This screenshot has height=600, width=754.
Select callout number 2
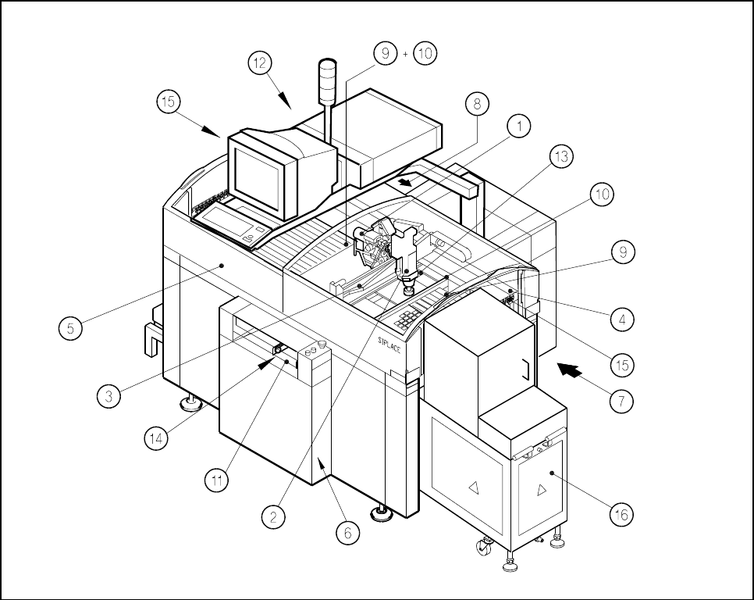click(x=274, y=516)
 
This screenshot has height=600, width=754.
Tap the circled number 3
click(x=109, y=396)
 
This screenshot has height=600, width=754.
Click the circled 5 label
click(x=70, y=328)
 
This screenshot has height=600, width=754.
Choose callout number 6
click(x=348, y=532)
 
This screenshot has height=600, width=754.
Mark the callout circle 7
click(x=621, y=401)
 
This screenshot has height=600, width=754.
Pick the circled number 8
click(x=477, y=102)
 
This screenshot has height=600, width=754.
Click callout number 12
click(x=261, y=63)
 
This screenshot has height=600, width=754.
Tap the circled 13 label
click(x=562, y=156)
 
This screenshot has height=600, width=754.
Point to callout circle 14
click(x=157, y=438)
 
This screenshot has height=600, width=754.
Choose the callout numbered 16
click(x=621, y=515)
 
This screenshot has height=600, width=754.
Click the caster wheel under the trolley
click(x=484, y=548)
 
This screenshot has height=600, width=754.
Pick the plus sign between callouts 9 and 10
click(x=405, y=53)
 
